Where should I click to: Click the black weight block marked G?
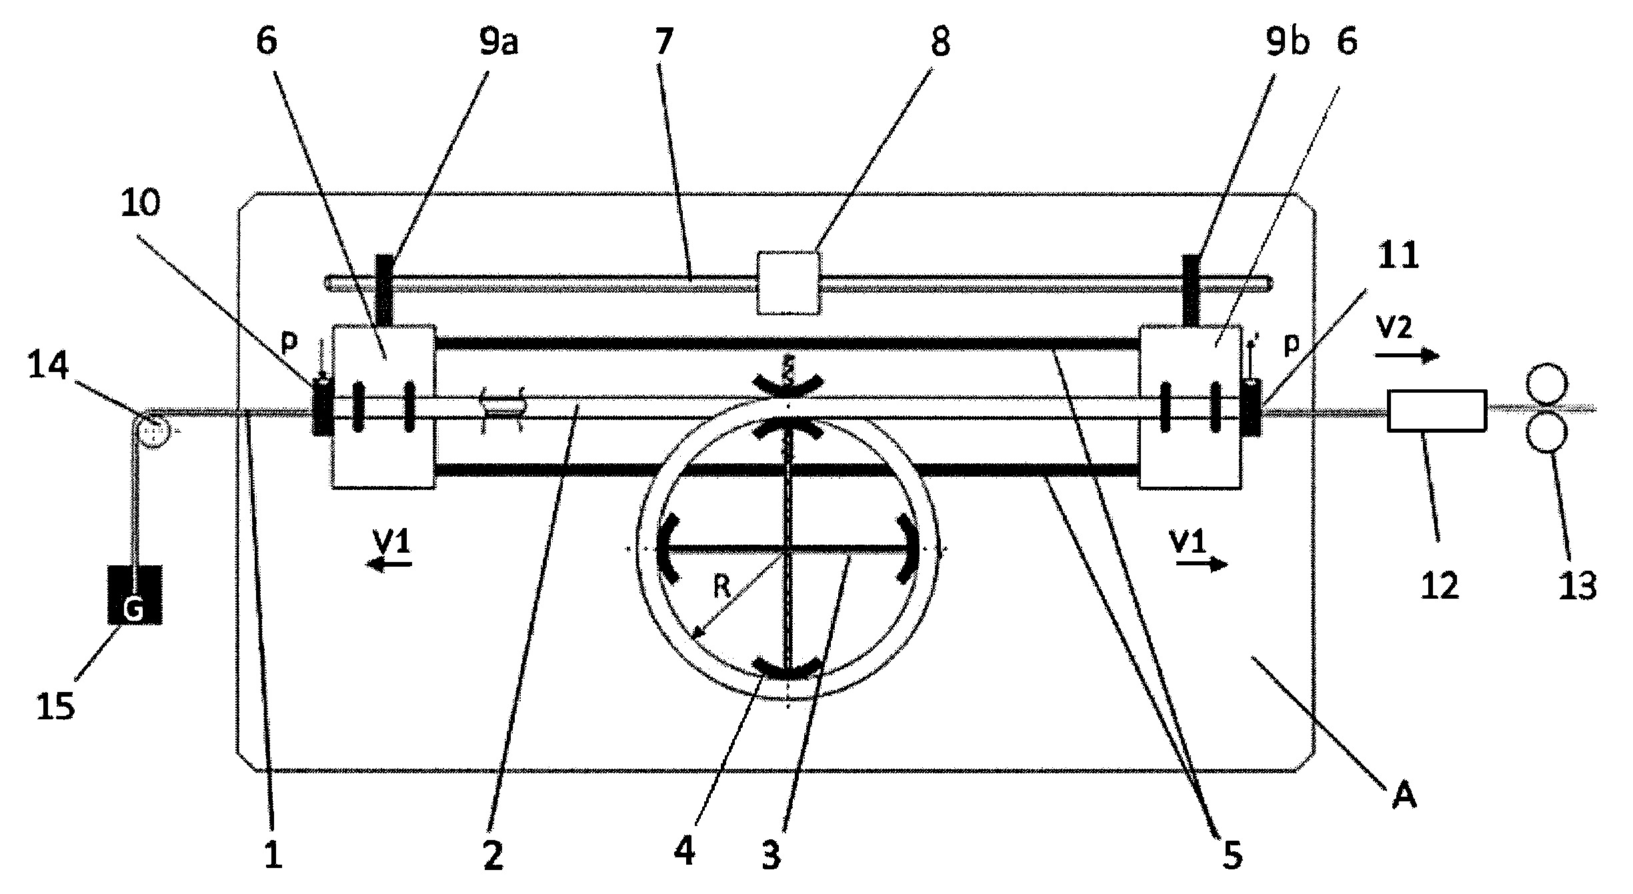click(x=135, y=595)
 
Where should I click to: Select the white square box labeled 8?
click(x=788, y=283)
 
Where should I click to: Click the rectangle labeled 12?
click(x=1437, y=410)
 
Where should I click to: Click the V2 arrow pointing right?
click(x=1407, y=357)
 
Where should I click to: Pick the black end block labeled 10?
click(x=323, y=407)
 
